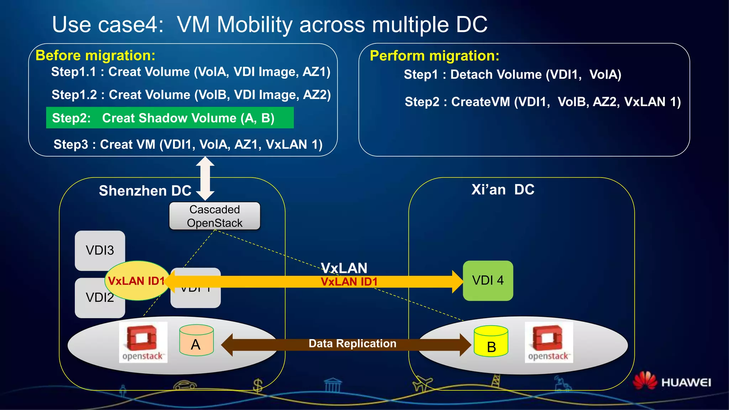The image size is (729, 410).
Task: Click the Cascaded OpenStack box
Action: pos(215,216)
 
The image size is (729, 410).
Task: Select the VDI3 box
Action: pos(100,250)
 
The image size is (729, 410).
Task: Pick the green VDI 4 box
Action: pos(488,280)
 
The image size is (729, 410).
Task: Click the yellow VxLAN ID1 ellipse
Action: pos(136,281)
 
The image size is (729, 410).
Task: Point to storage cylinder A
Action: pos(196,341)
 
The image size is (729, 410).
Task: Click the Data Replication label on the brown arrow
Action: pos(352,343)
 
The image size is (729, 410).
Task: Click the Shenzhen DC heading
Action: pos(145,191)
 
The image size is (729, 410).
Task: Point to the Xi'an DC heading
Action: pos(503,190)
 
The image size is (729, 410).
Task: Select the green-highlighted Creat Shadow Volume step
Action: pos(170,118)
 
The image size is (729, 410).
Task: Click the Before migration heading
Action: pos(95,56)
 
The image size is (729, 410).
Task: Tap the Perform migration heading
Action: pos(434,56)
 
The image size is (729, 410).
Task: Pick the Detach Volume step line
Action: pos(512,75)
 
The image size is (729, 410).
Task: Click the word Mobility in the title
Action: pos(254,25)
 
